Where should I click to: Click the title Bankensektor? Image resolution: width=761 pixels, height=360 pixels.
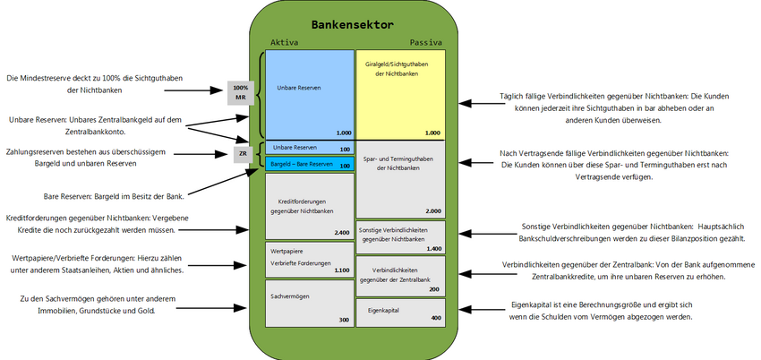[355, 24]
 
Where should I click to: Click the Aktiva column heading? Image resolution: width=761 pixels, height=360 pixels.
[284, 42]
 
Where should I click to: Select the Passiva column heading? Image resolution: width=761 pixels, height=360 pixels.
[426, 42]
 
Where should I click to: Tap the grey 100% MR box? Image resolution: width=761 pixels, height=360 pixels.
[240, 92]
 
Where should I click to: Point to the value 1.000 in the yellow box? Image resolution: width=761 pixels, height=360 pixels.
[432, 133]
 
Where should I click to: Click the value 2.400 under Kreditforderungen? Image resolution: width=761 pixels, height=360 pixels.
[340, 233]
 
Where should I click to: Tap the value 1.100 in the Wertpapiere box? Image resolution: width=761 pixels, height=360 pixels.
[340, 270]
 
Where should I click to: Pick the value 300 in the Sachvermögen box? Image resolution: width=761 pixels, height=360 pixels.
[344, 320]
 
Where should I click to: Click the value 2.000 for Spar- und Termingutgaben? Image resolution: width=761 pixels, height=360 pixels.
[432, 211]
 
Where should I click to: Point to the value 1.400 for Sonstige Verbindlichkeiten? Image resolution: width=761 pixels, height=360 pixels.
[433, 248]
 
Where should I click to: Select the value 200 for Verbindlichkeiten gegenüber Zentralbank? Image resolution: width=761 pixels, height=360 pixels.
[434, 289]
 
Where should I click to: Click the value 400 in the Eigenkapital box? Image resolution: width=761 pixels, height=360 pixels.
[435, 318]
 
